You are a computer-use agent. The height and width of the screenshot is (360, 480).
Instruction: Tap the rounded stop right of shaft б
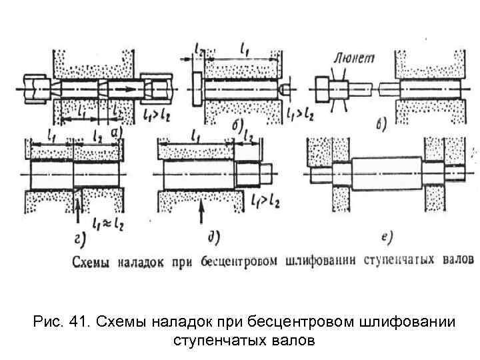(x=285, y=88)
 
